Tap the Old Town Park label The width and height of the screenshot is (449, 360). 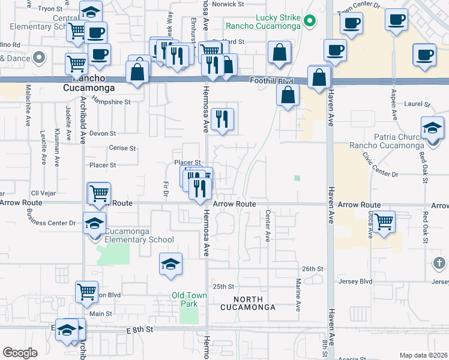(189, 299)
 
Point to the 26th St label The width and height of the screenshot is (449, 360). (313, 268)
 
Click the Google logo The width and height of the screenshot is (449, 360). (19, 352)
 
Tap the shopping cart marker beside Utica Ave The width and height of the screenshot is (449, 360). (384, 221)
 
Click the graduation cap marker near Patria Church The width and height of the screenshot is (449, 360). (432, 128)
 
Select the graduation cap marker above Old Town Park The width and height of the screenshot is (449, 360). (170, 263)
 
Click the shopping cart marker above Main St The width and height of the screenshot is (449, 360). (87, 292)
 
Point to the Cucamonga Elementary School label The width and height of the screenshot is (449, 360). (139, 235)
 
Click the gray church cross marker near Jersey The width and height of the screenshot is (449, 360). (439, 263)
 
